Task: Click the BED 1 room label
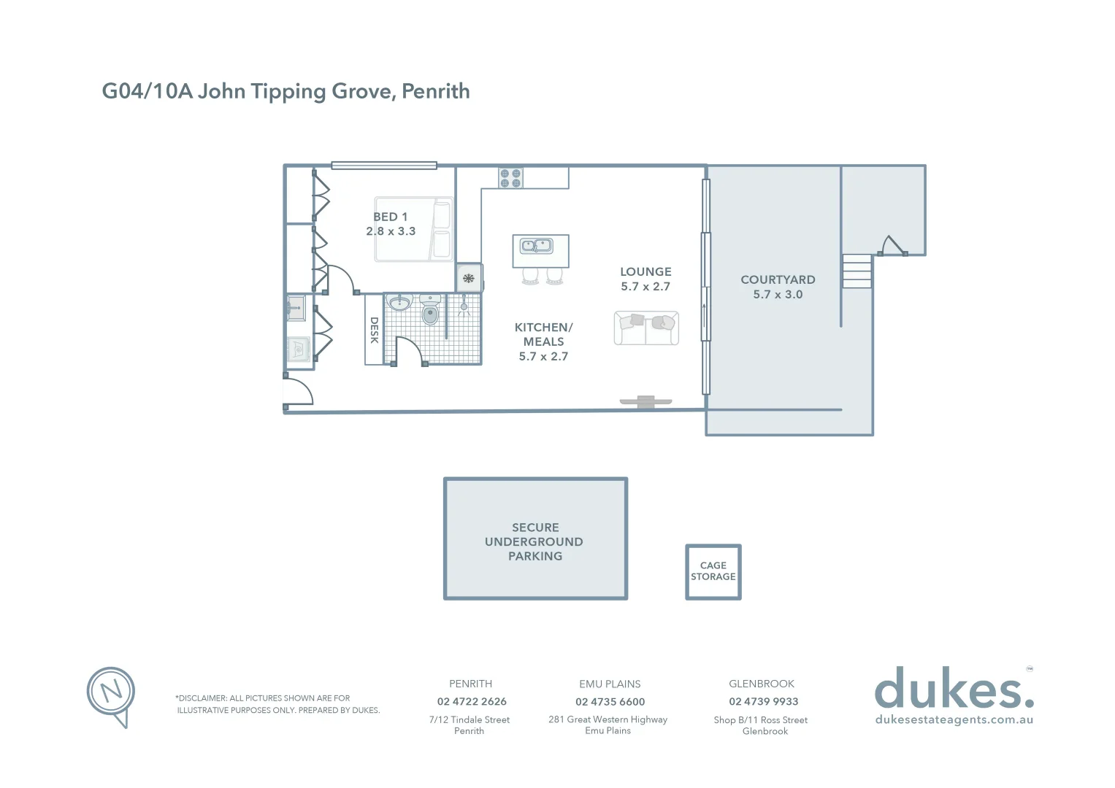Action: click(390, 217)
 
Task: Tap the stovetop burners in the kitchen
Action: click(510, 178)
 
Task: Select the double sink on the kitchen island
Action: click(536, 247)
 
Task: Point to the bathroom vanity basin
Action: click(399, 303)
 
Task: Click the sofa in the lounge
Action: click(646, 328)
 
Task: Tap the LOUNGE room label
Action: click(645, 271)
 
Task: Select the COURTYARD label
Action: click(778, 279)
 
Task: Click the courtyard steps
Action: click(857, 271)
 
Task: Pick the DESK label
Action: click(374, 330)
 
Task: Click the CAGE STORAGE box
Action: click(713, 571)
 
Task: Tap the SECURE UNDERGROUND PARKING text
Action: click(535, 541)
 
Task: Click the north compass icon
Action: click(111, 693)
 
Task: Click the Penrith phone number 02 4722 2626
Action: click(472, 701)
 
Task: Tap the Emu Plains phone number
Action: click(610, 701)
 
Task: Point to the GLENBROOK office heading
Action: click(762, 684)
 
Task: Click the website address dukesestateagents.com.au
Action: click(954, 719)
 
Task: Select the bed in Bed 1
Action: click(413, 229)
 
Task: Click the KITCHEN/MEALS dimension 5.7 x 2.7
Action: click(543, 356)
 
